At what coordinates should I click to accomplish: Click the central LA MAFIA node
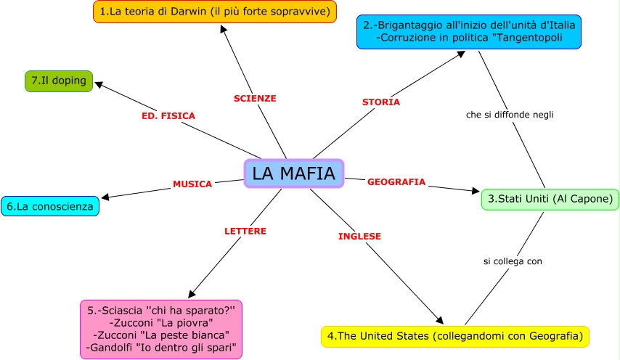[293, 173]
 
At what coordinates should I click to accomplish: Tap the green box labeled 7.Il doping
[59, 81]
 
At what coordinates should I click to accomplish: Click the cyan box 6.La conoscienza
[50, 206]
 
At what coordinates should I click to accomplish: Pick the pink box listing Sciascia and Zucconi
[161, 329]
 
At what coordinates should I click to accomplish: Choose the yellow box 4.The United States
[455, 336]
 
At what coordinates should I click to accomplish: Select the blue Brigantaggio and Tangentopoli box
[469, 31]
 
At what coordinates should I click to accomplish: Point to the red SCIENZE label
[255, 98]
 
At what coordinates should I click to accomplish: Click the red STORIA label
[381, 102]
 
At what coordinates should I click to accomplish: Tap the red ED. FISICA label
[168, 115]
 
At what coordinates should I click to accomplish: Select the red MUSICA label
[192, 184]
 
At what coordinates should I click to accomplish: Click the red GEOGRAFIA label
[396, 182]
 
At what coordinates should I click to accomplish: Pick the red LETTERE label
[245, 231]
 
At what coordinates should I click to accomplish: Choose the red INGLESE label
[359, 236]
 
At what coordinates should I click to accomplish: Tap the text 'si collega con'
[513, 261]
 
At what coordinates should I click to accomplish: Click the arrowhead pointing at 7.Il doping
[99, 83]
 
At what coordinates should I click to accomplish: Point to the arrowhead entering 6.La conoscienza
[105, 197]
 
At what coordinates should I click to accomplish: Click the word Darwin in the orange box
[184, 12]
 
